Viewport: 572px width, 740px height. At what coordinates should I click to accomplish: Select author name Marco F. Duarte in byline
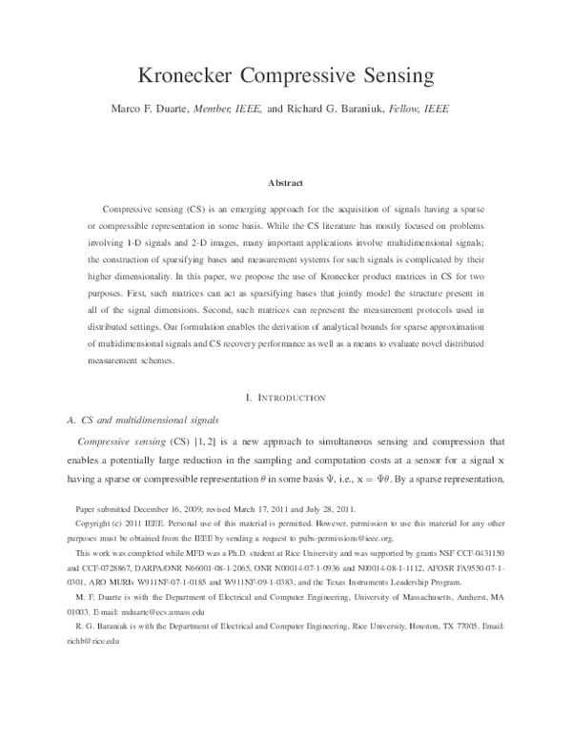[165, 109]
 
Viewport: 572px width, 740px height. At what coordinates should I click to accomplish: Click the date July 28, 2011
[333, 509]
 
